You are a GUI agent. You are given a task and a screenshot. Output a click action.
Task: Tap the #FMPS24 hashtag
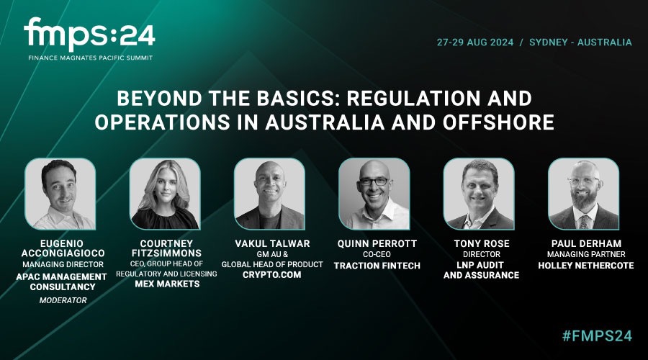pyautogui.click(x=597, y=336)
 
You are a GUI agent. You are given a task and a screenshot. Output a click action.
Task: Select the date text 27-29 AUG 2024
pyautogui.click(x=475, y=42)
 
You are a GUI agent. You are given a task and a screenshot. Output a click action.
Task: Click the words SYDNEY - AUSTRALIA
pyautogui.click(x=580, y=42)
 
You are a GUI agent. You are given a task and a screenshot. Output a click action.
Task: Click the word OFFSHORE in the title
pyautogui.click(x=499, y=122)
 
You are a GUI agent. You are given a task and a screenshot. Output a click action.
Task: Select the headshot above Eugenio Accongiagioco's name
pyautogui.click(x=60, y=194)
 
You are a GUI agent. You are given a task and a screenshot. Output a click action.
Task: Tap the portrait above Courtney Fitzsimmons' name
pyautogui.click(x=165, y=194)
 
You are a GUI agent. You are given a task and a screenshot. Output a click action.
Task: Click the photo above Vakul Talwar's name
pyautogui.click(x=269, y=194)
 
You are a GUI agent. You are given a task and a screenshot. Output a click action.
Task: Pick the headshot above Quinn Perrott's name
pyautogui.click(x=374, y=194)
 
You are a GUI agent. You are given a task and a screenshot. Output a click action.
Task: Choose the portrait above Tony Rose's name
pyautogui.click(x=479, y=194)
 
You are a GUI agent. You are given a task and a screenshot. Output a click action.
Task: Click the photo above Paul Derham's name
pyautogui.click(x=583, y=194)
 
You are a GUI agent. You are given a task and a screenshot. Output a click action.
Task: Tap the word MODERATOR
pyautogui.click(x=63, y=300)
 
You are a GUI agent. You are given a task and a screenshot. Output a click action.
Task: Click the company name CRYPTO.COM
pyautogui.click(x=272, y=275)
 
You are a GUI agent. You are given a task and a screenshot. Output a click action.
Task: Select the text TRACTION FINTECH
pyautogui.click(x=377, y=266)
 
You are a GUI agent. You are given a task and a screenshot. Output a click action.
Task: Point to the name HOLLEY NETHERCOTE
pyautogui.click(x=586, y=266)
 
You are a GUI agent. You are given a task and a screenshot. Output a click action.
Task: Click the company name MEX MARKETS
pyautogui.click(x=167, y=284)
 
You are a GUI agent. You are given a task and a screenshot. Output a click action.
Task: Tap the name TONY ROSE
pyautogui.click(x=482, y=244)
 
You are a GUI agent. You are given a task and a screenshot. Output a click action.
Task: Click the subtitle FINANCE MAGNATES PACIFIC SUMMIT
pyautogui.click(x=91, y=58)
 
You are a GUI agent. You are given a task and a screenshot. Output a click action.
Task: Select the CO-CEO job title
pyautogui.click(x=377, y=255)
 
